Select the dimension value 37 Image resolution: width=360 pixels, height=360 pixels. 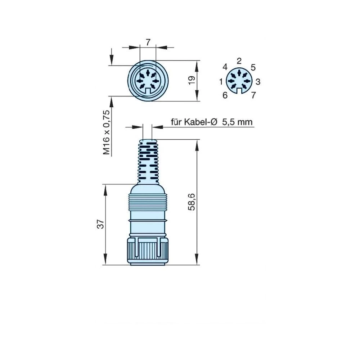click(101, 224)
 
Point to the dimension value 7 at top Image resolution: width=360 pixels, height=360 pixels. click(148, 42)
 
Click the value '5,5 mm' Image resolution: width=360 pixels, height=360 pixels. click(237, 122)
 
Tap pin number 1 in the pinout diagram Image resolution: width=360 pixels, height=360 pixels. click(221, 82)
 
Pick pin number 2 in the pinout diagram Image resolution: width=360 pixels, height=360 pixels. click(239, 60)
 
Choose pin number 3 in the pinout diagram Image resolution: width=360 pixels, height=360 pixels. click(258, 82)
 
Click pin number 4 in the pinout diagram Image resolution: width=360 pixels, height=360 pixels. click(225, 67)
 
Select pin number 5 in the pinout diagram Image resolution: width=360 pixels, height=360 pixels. click(253, 67)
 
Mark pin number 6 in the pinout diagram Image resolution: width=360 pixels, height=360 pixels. click(225, 95)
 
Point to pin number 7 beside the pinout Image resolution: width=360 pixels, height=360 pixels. click(253, 95)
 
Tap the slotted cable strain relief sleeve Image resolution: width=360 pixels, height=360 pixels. click(148, 160)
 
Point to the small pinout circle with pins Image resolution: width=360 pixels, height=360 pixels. click(239, 81)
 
